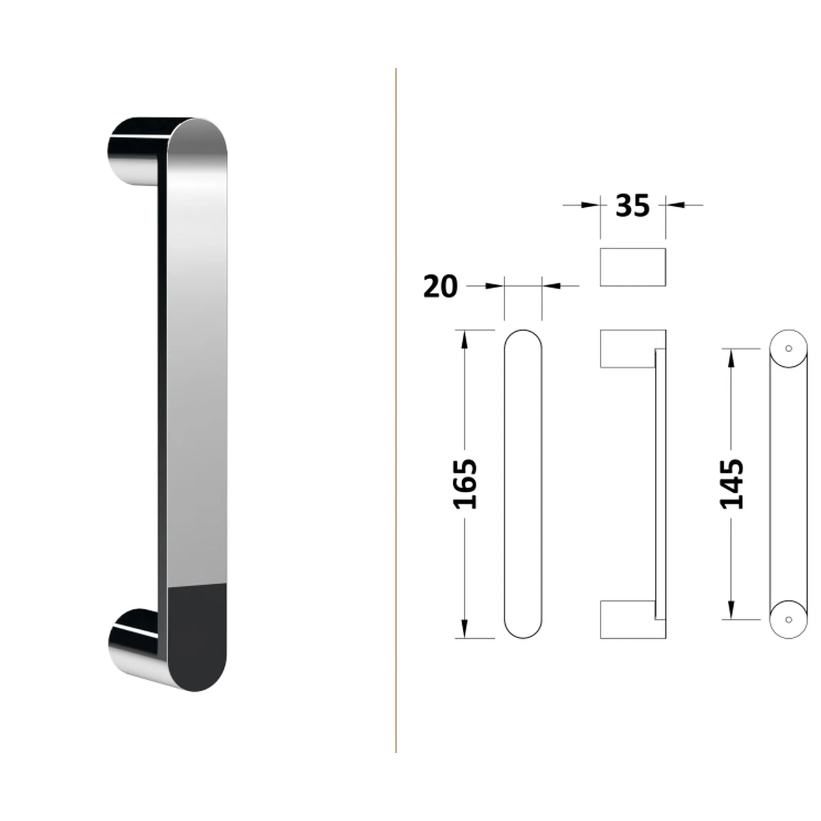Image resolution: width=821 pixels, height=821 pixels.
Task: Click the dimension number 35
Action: point(632,206)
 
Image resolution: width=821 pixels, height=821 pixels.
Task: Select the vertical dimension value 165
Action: point(464,484)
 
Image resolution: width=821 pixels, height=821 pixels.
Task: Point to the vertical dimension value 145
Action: point(732,484)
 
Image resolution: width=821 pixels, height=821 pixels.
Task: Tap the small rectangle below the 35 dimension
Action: point(633,267)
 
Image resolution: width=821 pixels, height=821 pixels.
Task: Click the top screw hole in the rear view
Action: point(789,349)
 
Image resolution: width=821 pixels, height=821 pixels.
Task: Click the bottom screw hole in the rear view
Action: point(789,619)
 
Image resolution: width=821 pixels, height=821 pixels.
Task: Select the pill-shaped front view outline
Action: point(505,484)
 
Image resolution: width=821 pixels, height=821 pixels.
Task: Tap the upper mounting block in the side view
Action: point(627,349)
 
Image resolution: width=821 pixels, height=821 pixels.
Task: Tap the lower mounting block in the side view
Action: point(627,619)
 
